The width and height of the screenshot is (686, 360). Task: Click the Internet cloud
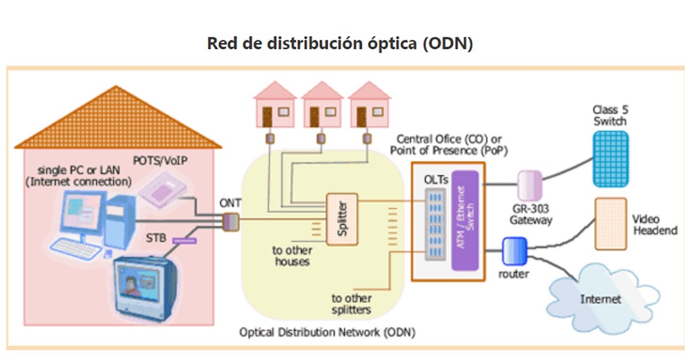[x=600, y=299]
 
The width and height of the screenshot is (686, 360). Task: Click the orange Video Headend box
[x=611, y=224]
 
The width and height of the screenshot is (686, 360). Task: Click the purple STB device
[x=185, y=241]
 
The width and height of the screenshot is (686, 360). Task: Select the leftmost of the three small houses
[x=274, y=106]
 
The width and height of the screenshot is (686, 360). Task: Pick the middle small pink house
[x=321, y=106]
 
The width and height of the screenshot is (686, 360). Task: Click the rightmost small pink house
[x=368, y=106]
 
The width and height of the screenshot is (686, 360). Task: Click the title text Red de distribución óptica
[x=340, y=44]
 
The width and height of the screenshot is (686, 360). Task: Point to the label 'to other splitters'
[x=351, y=304]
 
